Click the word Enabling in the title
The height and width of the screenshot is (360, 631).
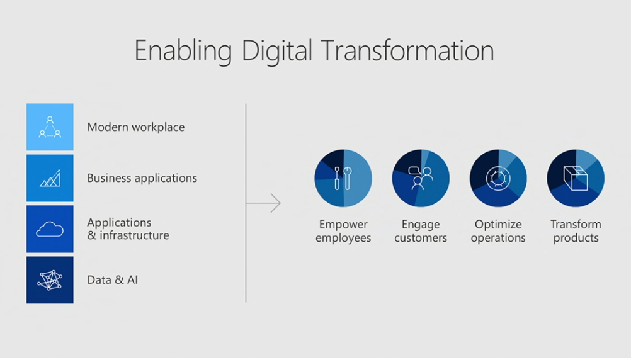click(x=183, y=52)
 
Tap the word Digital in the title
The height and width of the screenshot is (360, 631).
click(x=277, y=52)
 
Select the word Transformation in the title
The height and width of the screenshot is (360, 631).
click(x=407, y=50)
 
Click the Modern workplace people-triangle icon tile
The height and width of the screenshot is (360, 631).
click(x=50, y=127)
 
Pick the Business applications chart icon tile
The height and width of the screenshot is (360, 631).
click(x=50, y=177)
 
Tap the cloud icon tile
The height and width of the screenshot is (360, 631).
click(x=50, y=229)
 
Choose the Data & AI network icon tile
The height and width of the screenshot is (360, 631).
click(x=50, y=280)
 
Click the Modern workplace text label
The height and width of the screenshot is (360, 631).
click(x=136, y=127)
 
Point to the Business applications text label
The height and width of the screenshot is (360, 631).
click(x=142, y=178)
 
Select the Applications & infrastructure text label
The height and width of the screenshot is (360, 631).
click(x=128, y=229)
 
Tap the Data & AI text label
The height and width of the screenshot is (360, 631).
click(x=112, y=280)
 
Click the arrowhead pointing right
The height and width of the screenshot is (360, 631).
click(x=276, y=203)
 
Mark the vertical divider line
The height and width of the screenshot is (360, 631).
click(x=246, y=203)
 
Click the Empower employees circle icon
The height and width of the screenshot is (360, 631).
click(x=343, y=178)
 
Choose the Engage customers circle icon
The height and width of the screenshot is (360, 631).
click(x=421, y=178)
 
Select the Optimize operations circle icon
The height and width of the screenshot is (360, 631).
click(x=498, y=178)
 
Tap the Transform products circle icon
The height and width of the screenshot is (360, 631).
click(x=576, y=178)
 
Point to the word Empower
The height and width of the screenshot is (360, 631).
click(x=343, y=225)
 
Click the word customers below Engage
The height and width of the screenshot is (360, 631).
click(x=421, y=238)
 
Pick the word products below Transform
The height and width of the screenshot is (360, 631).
click(x=576, y=238)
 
